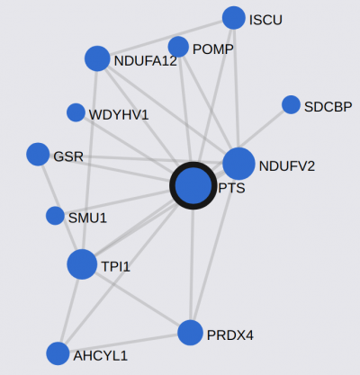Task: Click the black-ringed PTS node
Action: [193, 185]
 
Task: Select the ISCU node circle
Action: [234, 18]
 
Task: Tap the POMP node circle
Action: [178, 47]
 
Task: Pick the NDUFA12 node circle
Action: [97, 58]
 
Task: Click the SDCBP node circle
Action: [291, 105]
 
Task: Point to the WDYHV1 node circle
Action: [76, 112]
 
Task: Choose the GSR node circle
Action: [38, 154]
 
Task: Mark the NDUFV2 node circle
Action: [238, 164]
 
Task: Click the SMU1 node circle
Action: [55, 216]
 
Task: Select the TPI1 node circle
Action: [82, 264]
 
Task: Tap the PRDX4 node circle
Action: [190, 333]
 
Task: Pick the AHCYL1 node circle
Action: [58, 353]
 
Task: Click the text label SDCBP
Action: [328, 107]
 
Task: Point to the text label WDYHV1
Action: [119, 115]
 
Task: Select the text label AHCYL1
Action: [101, 356]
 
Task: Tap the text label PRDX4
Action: [230, 335]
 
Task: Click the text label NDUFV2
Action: [287, 166]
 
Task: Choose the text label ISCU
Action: [265, 20]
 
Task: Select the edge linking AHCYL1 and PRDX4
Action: [123, 344]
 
